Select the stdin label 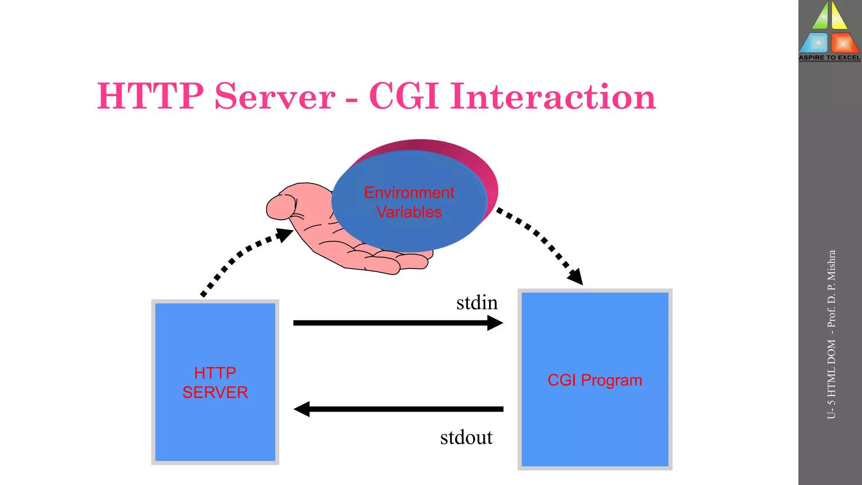(x=477, y=303)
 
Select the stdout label (x=466, y=437)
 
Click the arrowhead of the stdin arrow (x=496, y=323)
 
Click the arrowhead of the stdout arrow (x=301, y=409)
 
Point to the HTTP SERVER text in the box (x=215, y=382)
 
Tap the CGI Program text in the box (x=595, y=380)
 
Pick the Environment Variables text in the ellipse (x=409, y=202)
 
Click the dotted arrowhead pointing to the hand (x=285, y=234)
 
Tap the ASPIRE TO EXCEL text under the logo (x=830, y=58)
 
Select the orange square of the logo (x=844, y=43)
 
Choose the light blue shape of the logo (x=815, y=43)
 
